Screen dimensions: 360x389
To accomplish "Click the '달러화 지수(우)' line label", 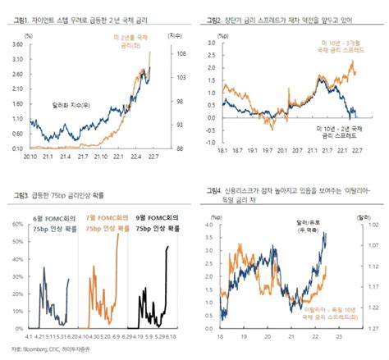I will pyautogui.click(x=72, y=105).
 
